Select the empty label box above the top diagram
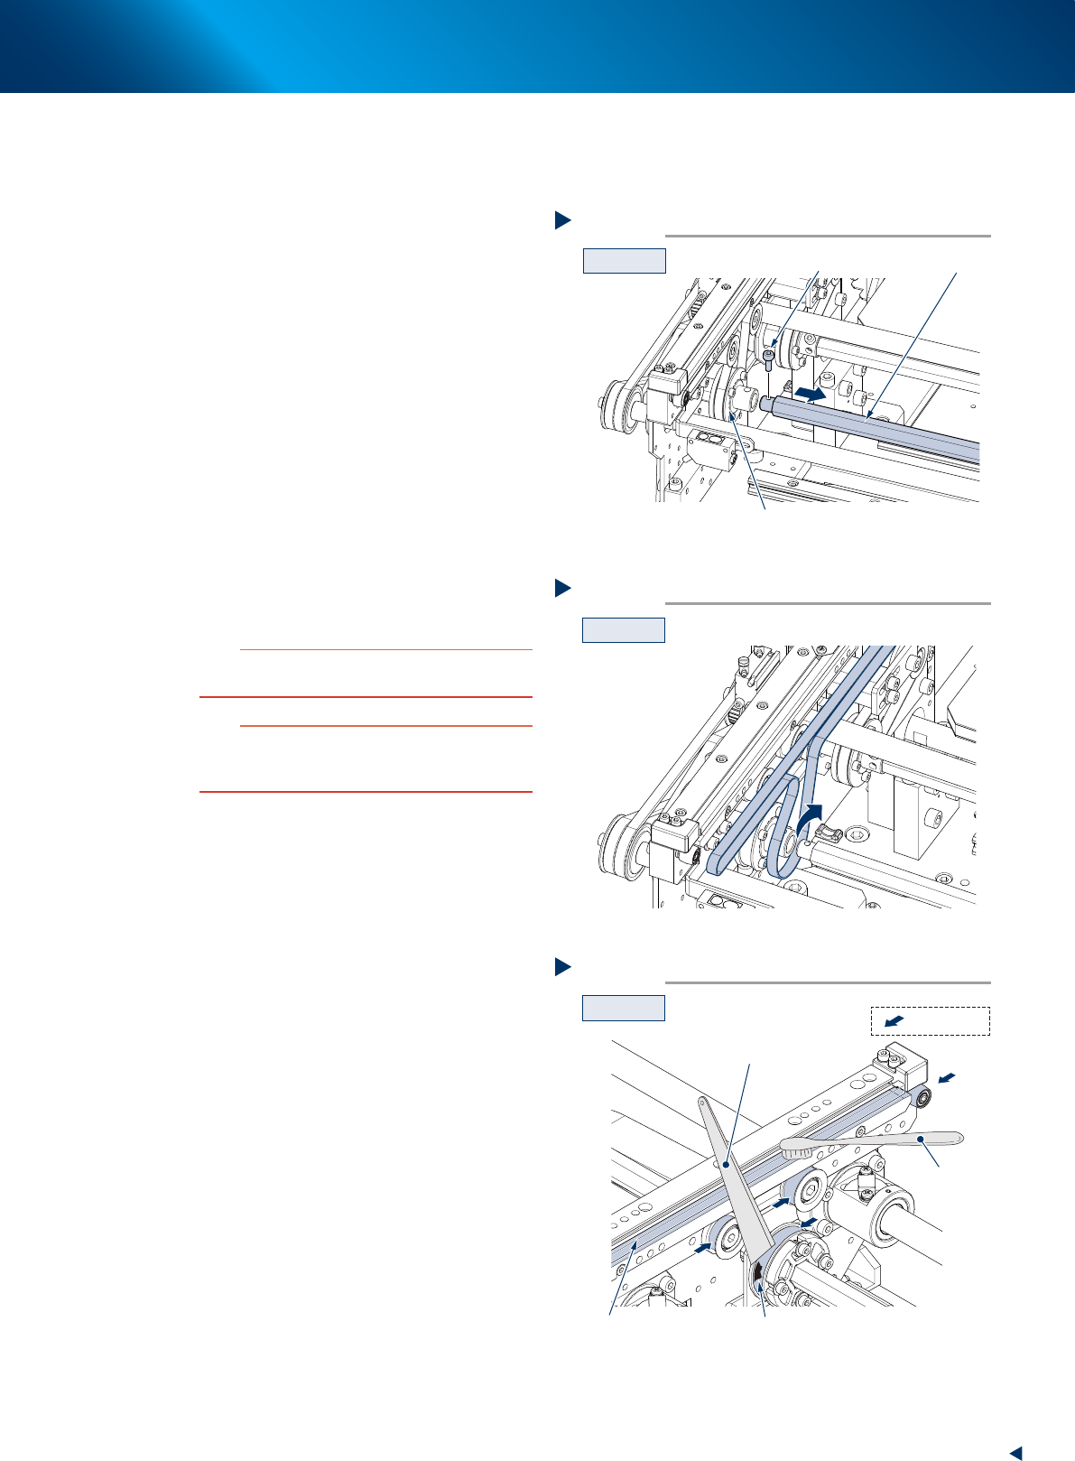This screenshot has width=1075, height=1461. tap(624, 260)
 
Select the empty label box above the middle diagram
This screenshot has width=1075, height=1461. tap(624, 629)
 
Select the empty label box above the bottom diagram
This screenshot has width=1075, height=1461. tap(624, 1007)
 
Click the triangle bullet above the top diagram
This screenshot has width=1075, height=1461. tap(561, 219)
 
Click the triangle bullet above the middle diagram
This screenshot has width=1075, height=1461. tap(561, 588)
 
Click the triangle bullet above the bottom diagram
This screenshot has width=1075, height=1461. tap(561, 966)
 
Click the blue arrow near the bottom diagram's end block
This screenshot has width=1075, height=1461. tap(946, 1077)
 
